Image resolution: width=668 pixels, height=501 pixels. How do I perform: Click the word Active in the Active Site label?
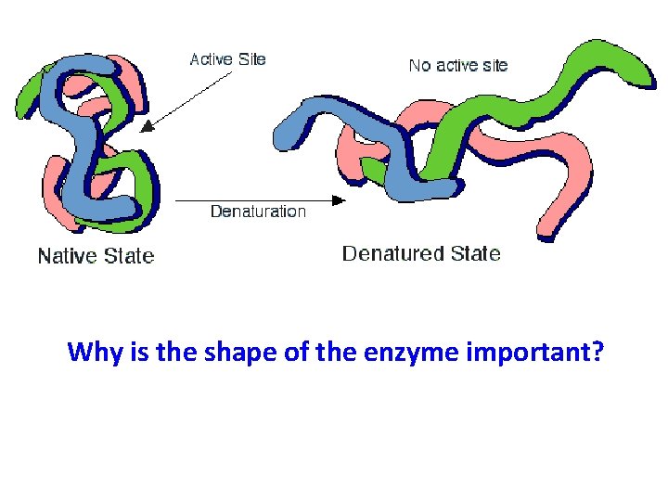[x=212, y=59]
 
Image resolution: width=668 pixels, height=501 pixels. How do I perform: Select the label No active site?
[x=458, y=65]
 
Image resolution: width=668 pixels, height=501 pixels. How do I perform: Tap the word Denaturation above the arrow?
[x=258, y=212]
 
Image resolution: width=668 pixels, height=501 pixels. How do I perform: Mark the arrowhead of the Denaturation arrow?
[x=340, y=199]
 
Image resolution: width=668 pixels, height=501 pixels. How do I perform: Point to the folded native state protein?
[x=93, y=139]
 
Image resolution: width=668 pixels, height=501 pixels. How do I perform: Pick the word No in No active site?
[x=419, y=65]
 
